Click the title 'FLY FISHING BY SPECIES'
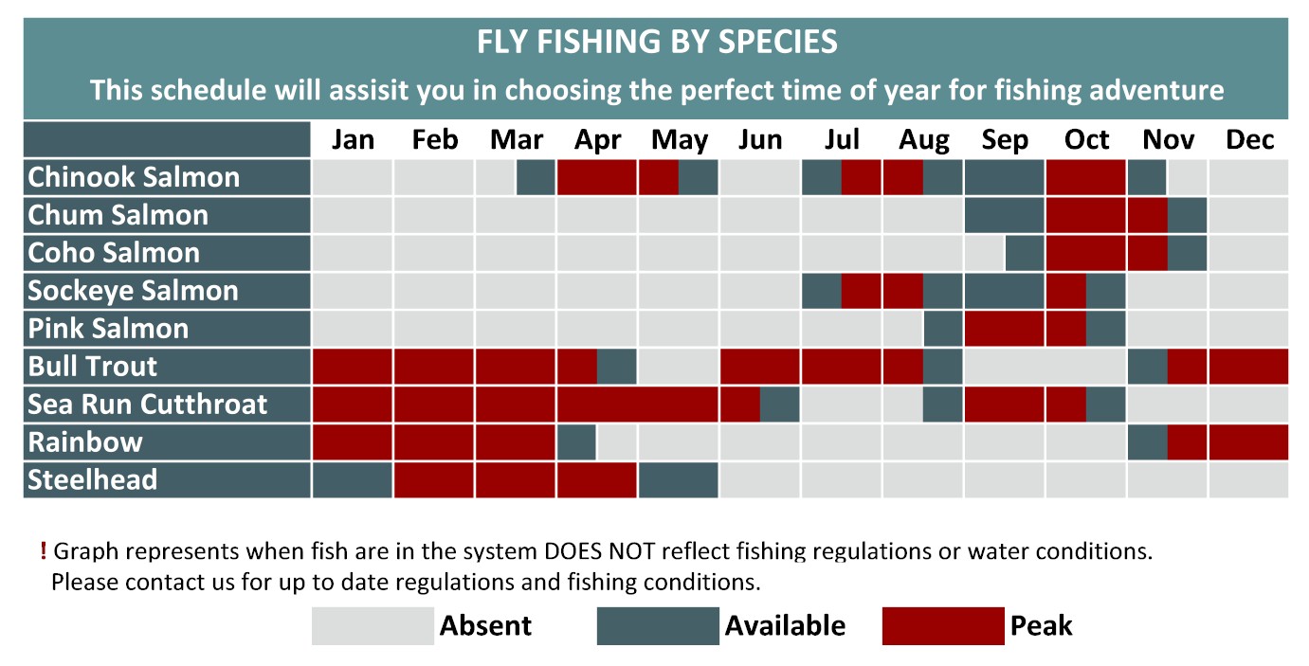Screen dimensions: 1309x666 click(x=657, y=42)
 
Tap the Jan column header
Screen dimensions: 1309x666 click(x=353, y=139)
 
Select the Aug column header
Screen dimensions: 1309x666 click(x=923, y=140)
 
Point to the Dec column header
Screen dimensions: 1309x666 click(x=1249, y=139)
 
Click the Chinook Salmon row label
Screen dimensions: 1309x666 click(x=134, y=177)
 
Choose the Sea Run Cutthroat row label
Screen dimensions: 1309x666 click(x=147, y=405)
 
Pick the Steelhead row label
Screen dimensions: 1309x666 click(x=92, y=479)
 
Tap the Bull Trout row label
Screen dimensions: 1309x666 click(x=92, y=367)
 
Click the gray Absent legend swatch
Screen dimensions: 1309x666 click(x=373, y=625)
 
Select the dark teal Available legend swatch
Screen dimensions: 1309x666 click(x=658, y=625)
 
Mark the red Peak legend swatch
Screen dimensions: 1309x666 click(x=943, y=625)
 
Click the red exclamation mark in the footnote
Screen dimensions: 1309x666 click(x=44, y=550)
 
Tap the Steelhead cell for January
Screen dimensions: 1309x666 click(x=353, y=479)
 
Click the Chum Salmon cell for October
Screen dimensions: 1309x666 click(x=1085, y=215)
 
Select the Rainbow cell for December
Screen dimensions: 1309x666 click(x=1248, y=442)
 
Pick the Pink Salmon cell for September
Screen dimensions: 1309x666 click(x=1004, y=329)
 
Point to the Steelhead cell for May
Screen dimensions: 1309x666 click(x=679, y=479)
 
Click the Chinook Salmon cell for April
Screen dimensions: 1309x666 click(x=596, y=177)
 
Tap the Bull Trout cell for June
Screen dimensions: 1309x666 click(x=759, y=367)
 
